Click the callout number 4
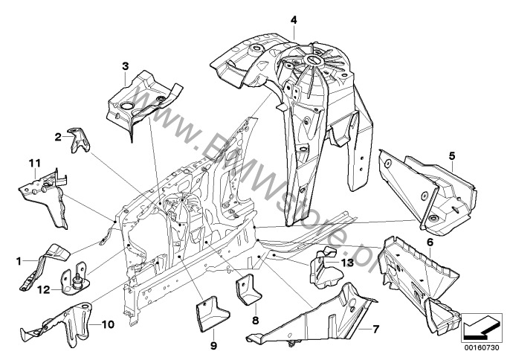pos(294,20)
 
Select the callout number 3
pos(125,66)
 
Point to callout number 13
pos(347,263)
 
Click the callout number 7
pos(375,330)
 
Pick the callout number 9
pos(213,345)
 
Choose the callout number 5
pos(452,156)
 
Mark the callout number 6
pos(430,242)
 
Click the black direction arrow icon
pos(480,326)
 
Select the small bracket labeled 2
pos(78,140)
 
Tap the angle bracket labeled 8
pos(250,290)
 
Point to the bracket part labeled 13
pos(326,269)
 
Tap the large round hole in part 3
pos(127,106)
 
